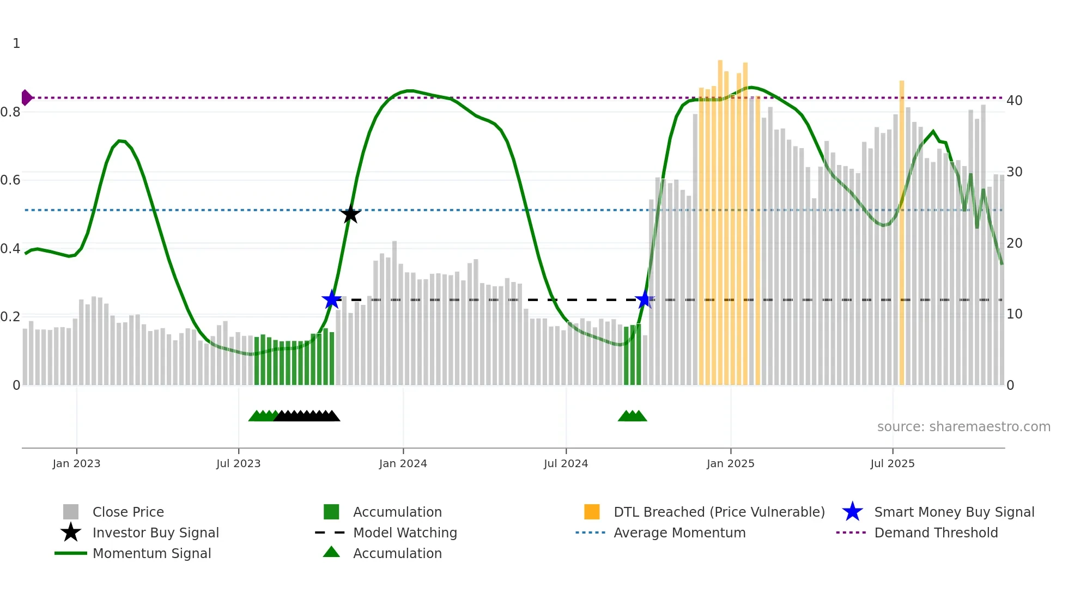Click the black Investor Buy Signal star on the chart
point(350,215)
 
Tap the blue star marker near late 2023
point(331,299)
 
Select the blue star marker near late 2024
point(645,299)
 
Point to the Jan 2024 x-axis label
point(403,463)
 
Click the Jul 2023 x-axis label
point(238,463)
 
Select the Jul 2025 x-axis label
point(892,463)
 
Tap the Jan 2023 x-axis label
point(76,463)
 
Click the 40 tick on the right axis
point(1014,101)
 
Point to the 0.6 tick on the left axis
point(10,180)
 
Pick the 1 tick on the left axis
point(16,44)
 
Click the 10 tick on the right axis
point(1014,314)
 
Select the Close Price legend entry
point(128,512)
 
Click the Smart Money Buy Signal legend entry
point(954,512)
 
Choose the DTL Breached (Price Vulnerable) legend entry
point(719,512)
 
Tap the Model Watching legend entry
point(404,532)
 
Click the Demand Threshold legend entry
point(936,532)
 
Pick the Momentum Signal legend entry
point(151,553)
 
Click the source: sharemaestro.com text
point(963,427)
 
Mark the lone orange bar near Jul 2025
point(902,234)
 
